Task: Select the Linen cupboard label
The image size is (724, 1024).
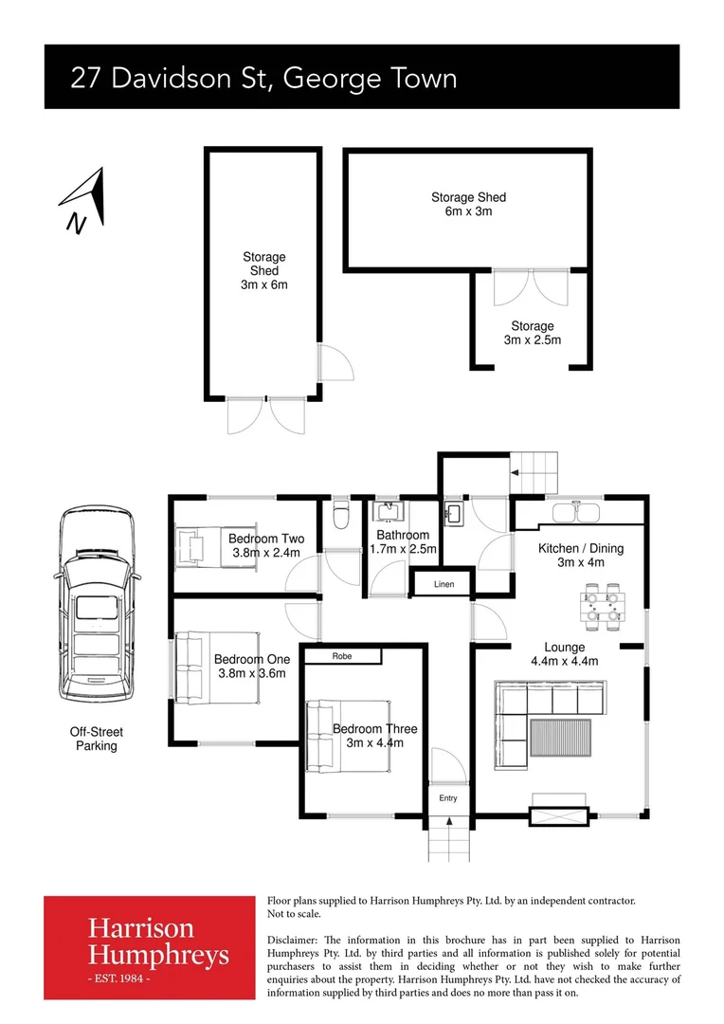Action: point(443,584)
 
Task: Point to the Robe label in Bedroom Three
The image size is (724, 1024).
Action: point(342,656)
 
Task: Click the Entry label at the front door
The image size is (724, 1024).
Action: point(447,798)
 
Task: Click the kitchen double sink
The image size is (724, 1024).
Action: point(575,513)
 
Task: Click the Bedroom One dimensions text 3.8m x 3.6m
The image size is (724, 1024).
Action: point(251,673)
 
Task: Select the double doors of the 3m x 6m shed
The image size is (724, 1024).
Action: point(264,417)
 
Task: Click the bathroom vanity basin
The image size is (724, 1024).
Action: point(389,515)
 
